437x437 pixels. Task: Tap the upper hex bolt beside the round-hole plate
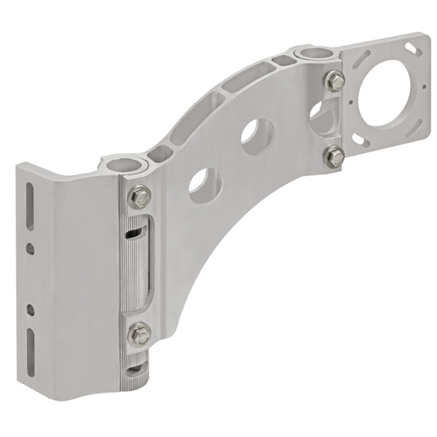(335, 81)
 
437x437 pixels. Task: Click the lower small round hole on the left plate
(30, 308)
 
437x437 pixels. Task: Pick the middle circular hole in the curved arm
(257, 133)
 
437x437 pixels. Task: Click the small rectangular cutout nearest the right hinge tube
(283, 60)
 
